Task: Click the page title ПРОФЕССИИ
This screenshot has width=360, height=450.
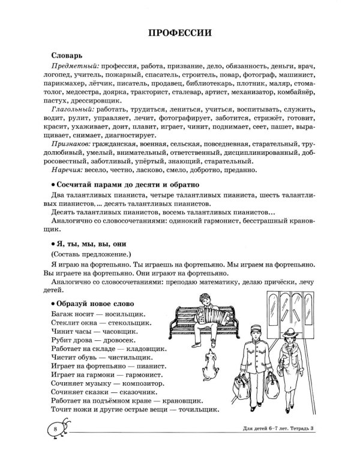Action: tap(180, 32)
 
